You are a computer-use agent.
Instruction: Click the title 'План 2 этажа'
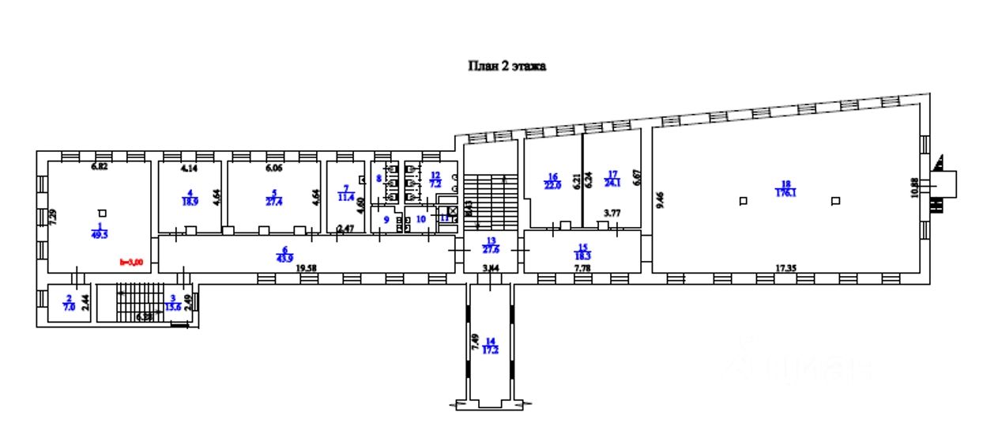505,66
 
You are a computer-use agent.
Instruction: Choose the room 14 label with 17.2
491,345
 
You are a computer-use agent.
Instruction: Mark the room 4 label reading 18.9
190,198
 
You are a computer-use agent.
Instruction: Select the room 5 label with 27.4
273,198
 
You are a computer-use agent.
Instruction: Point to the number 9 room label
386,219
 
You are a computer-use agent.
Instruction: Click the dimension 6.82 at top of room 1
98,167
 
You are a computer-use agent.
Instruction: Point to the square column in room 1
102,212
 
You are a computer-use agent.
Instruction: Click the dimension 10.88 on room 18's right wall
914,187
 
